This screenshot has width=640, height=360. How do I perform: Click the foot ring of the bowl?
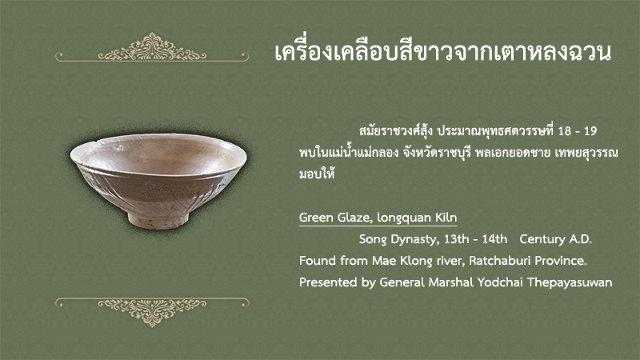[158, 221]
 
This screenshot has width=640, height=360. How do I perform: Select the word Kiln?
[446, 217]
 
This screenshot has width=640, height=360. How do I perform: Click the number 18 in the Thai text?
[565, 131]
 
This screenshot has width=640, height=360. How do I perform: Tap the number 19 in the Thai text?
[590, 131]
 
